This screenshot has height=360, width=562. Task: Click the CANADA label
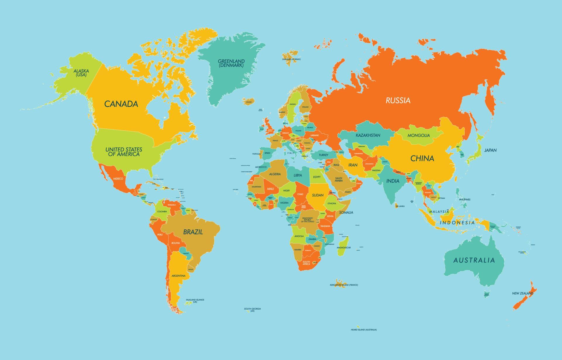pos(121,104)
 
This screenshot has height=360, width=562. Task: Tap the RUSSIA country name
pos(398,100)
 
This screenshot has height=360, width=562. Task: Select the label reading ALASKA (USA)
pos(81,73)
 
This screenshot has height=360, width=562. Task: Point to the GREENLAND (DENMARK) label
pos(231,63)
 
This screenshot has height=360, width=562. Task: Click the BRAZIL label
pos(193,232)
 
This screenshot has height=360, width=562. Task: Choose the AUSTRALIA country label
pos(474,260)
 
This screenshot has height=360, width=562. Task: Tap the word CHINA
pos(422,158)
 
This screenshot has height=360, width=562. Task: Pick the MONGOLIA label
pos(419,135)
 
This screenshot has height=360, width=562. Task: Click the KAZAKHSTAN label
pos(368,135)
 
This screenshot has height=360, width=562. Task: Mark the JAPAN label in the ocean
pos(490,150)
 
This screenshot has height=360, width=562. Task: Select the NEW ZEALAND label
pos(522,293)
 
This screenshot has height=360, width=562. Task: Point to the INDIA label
pos(393,181)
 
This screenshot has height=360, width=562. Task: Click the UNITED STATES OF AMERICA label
pos(124,152)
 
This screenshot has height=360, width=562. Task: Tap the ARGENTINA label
pos(178,276)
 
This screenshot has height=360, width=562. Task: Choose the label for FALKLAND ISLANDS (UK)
pos(195,301)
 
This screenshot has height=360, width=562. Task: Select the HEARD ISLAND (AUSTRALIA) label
pos(364,330)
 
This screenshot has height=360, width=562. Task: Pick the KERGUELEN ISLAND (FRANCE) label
pos(344,285)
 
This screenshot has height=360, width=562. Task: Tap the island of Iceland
pos(248,101)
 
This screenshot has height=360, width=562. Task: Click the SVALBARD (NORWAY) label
pos(291,59)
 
